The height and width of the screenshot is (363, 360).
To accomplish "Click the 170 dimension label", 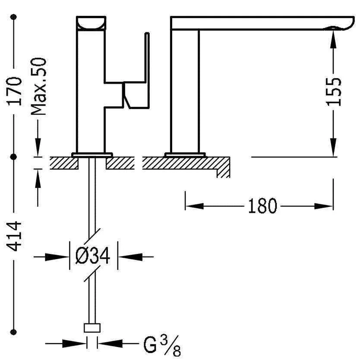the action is pos(14,91).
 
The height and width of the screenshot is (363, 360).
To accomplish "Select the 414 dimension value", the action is pos(14,236).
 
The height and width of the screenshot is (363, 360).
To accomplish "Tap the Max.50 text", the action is pos(38,86).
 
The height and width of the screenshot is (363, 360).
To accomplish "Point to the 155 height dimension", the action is pos(334,92).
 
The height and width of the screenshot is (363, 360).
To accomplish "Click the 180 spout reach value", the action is pos(262,206).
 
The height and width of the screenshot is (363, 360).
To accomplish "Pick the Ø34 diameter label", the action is pos(93,256).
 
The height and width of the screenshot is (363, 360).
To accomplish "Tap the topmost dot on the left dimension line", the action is pos(14,17).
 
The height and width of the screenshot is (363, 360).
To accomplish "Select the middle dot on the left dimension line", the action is pos(14,157).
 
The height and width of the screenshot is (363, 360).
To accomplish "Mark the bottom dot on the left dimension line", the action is pos(14,332).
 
